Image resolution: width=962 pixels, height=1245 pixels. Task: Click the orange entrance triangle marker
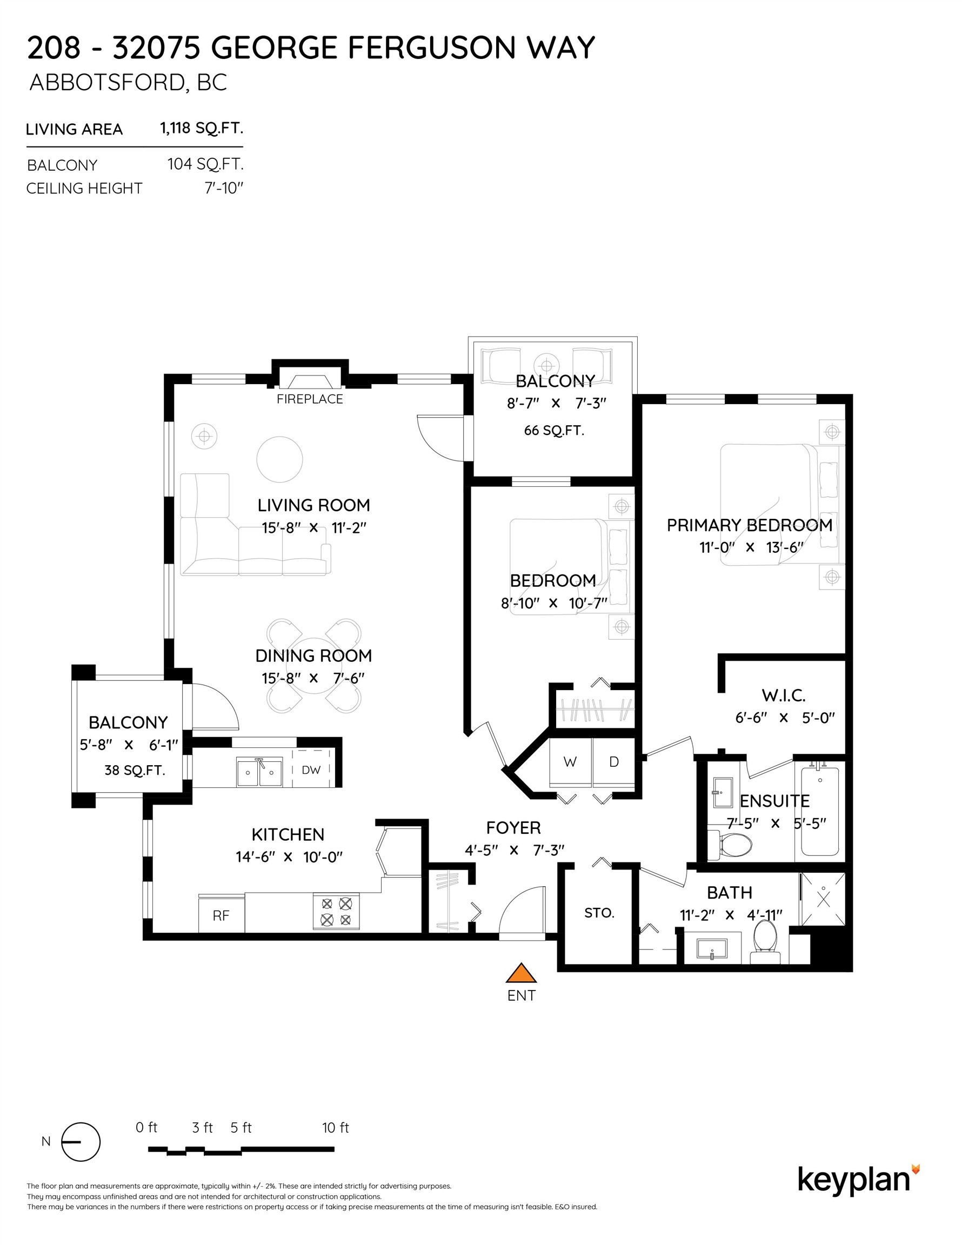pos(521,974)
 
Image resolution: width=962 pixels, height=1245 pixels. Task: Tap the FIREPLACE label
pos(310,399)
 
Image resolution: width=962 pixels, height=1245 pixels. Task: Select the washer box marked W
pos(570,762)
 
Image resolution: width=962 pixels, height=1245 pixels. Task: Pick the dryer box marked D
pos(613,762)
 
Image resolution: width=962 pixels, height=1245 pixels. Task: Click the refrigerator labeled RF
pos(221,915)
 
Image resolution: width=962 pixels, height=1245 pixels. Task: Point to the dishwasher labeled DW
pos(311,769)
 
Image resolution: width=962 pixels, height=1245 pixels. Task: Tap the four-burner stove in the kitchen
pos(336,911)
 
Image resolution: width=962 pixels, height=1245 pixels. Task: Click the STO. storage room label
pos(599,913)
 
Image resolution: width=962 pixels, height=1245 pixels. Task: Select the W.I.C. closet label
pos(784,695)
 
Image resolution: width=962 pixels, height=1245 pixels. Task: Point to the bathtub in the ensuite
pos(820,811)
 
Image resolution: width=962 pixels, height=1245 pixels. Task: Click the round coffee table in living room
pos(279,459)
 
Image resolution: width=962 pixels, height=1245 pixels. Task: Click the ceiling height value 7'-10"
pos(224,188)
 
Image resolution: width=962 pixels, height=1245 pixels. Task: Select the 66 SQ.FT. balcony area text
pos(555,430)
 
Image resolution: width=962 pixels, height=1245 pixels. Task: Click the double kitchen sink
pos(259,772)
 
